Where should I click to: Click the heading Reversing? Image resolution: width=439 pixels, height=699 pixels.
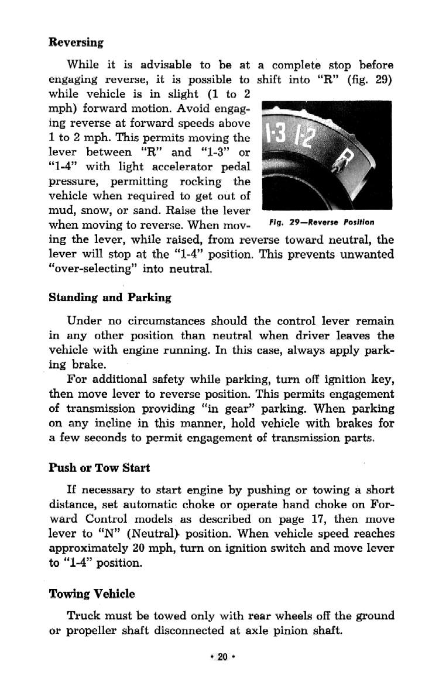point(76,43)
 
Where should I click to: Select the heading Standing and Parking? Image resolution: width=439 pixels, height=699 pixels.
point(110,298)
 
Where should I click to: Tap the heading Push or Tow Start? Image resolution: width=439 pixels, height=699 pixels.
point(99,468)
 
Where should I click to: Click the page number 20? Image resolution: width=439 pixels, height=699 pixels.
point(222,657)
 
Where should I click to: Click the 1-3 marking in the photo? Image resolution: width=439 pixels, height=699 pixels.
point(277,135)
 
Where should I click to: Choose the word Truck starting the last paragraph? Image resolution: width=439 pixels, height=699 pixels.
point(84,616)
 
